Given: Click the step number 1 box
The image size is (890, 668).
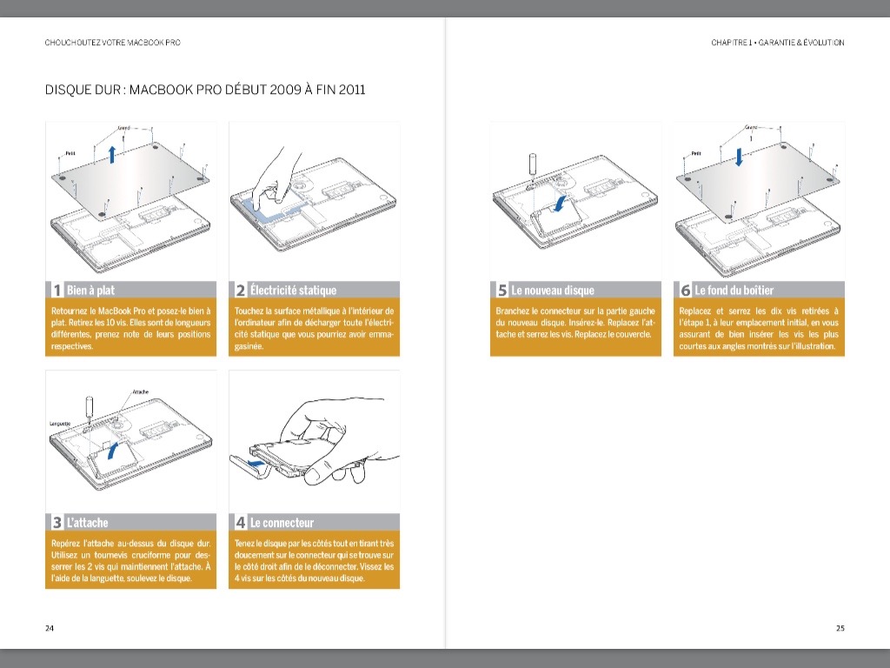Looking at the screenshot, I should point(56,291).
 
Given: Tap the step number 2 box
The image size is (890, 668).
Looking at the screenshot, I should point(240,291).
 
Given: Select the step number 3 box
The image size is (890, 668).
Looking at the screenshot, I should point(56,523).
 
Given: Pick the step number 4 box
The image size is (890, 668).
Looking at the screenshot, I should point(240,523).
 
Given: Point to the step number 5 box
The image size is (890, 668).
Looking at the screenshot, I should point(501,291).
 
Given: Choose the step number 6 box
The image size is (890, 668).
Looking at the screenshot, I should point(684,291).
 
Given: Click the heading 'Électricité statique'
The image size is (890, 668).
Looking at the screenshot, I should point(292,291).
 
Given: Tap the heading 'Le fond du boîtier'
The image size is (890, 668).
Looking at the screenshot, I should point(734,291).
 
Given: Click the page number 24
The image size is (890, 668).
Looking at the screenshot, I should point(50,628).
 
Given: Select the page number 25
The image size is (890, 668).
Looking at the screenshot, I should point(840,628).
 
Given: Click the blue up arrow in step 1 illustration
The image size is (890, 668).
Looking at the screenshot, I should point(112,155).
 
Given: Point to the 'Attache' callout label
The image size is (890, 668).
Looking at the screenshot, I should point(142,392).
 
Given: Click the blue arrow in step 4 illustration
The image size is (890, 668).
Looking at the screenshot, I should point(253,464).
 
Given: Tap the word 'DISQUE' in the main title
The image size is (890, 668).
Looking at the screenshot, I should point(67,90).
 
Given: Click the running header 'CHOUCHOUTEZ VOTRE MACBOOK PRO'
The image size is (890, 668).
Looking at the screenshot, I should point(113,43).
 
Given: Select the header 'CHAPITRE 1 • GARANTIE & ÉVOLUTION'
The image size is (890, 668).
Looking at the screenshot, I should point(777,43).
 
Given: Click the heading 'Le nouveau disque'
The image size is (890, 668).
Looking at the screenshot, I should point(553,291).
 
